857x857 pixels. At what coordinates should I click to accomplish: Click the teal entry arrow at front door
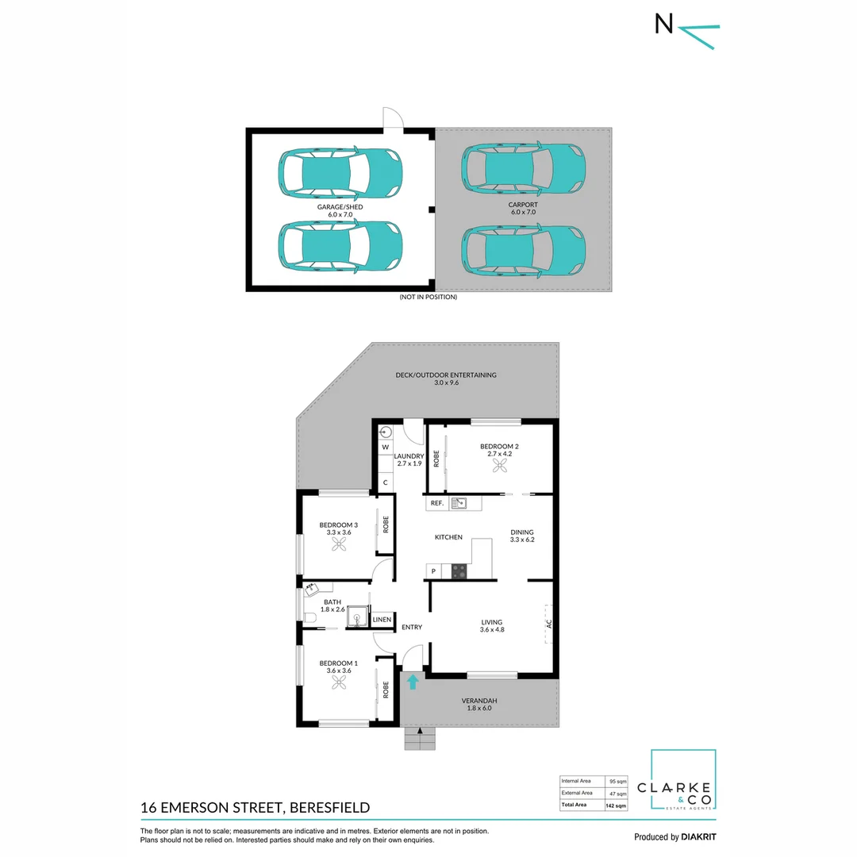click(412, 682)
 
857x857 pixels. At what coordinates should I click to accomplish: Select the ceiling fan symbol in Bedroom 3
click(340, 545)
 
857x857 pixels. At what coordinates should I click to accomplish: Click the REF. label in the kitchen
click(436, 503)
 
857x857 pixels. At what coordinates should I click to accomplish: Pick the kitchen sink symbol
click(459, 503)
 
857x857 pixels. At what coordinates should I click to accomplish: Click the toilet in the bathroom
click(309, 617)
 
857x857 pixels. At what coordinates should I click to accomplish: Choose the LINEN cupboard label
click(382, 619)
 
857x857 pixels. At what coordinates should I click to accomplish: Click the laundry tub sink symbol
click(386, 432)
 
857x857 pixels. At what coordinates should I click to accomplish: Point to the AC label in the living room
click(548, 624)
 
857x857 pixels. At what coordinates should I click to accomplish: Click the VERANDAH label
click(479, 701)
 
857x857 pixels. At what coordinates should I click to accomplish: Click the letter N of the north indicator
click(663, 25)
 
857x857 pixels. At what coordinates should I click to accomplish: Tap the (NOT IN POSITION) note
click(428, 297)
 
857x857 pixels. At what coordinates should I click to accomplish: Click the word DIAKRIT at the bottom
click(698, 836)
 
